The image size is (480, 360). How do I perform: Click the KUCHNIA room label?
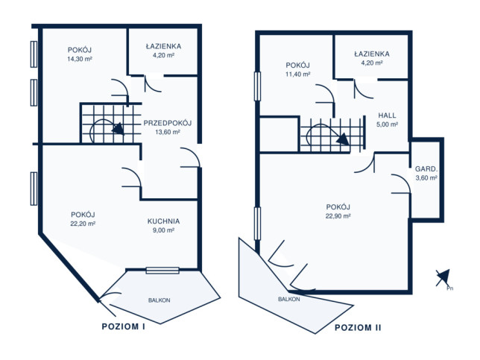pyautogui.click(x=163, y=221)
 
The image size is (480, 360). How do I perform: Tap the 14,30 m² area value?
pyautogui.click(x=80, y=59)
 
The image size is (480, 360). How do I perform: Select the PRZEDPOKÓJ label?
pyautogui.click(x=168, y=123)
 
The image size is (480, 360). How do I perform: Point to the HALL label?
pyautogui.click(x=387, y=116)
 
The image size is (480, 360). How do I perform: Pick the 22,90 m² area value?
pyautogui.click(x=338, y=216)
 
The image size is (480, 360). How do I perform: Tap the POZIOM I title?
pyautogui.click(x=124, y=326)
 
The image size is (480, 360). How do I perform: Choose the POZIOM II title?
pyautogui.click(x=358, y=327)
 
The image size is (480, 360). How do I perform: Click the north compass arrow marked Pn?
pyautogui.click(x=443, y=278)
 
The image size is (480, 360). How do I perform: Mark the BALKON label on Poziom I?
pyautogui.click(x=160, y=300)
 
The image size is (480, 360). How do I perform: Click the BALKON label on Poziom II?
pyautogui.click(x=289, y=299)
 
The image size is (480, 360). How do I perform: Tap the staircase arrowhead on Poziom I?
pyautogui.click(x=119, y=128)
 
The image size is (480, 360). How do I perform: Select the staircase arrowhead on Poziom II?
pyautogui.click(x=343, y=139)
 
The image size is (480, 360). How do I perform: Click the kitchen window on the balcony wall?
pyautogui.click(x=162, y=271)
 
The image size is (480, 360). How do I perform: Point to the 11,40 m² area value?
pyautogui.click(x=298, y=74)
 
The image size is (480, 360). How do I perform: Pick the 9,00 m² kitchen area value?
pyautogui.click(x=163, y=230)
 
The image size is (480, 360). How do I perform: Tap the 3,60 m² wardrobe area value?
pyautogui.click(x=426, y=177)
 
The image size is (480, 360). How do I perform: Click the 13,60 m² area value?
pyautogui.click(x=168, y=132)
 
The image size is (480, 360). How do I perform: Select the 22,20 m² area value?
pyautogui.click(x=83, y=224)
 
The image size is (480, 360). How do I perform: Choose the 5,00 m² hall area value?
pyautogui.click(x=387, y=124)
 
